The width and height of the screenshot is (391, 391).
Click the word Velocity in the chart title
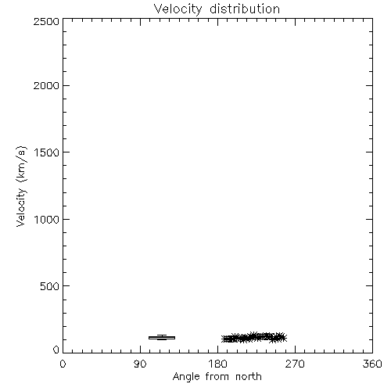tap(178, 9)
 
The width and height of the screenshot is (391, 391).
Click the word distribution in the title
tap(245, 9)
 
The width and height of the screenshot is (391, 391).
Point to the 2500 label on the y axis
tap(46, 21)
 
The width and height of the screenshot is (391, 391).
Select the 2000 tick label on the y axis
tap(46, 85)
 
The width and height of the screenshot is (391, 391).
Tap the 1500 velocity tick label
tap(47, 152)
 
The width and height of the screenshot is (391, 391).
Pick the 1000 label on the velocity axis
tap(47, 220)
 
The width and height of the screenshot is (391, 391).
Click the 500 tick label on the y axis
tap(50, 286)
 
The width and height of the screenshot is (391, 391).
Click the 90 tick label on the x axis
tap(140, 364)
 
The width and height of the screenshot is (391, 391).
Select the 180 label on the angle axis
tap(217, 364)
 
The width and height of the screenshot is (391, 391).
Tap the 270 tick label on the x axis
tap(295, 364)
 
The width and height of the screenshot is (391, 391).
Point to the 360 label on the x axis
tap(372, 364)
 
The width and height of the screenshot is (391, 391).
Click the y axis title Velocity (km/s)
tap(21, 186)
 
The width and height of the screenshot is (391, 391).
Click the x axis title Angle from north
tap(217, 377)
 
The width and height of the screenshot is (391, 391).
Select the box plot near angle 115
tap(162, 338)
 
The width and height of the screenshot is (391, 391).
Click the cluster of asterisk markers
tap(254, 338)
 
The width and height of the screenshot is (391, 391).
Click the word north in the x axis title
tap(249, 377)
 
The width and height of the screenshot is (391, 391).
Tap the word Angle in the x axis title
tap(186, 377)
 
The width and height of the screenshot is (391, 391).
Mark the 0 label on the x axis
tap(63, 364)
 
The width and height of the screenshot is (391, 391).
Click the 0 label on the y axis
tap(56, 350)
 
